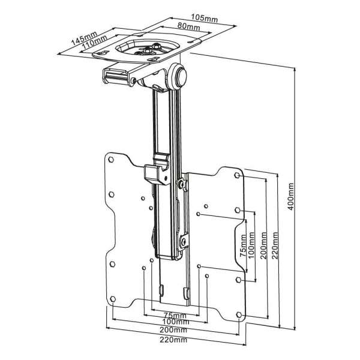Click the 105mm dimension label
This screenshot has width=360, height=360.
[x=206, y=19]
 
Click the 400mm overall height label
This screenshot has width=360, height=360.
[x=291, y=195]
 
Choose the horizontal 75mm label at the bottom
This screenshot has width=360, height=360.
[x=175, y=316]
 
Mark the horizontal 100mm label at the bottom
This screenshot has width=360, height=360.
[x=176, y=323]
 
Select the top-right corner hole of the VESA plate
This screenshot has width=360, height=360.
[x=238, y=176]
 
